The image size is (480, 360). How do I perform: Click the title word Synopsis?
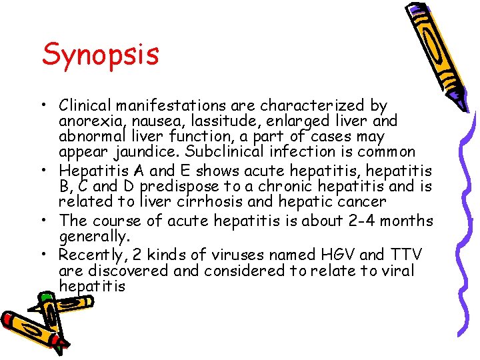pos(101,55)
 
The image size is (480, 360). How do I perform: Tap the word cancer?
pos(363,201)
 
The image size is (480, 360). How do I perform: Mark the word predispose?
pos(179,186)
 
